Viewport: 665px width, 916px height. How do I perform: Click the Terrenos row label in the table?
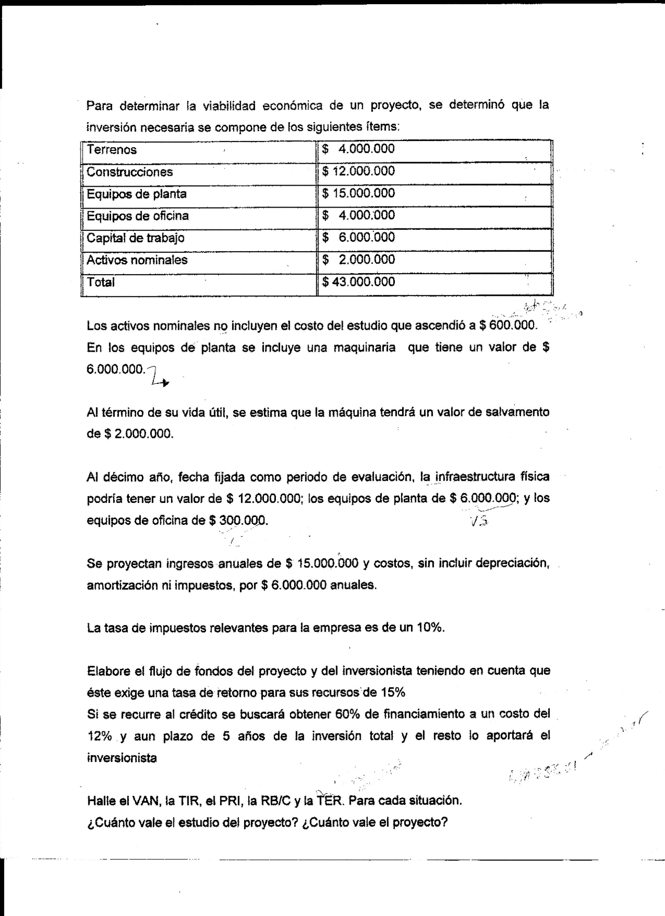pyautogui.click(x=112, y=150)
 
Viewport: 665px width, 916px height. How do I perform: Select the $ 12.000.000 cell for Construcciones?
pyautogui.click(x=358, y=171)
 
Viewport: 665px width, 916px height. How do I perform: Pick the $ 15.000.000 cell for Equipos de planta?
pyautogui.click(x=358, y=193)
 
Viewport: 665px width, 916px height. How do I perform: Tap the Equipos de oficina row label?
pyautogui.click(x=138, y=216)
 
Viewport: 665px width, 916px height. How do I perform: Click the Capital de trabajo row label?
pyautogui.click(x=135, y=238)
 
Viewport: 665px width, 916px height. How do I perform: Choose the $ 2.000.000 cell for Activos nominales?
pyautogui.click(x=358, y=260)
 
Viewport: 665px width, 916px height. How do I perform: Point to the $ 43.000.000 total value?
pyautogui.click(x=358, y=282)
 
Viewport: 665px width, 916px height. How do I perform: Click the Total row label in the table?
pyautogui.click(x=101, y=282)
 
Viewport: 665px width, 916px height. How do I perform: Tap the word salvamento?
pyautogui.click(x=517, y=412)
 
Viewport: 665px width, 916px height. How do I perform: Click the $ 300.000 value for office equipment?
pyautogui.click(x=238, y=520)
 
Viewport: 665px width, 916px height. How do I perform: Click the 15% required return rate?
pyautogui.click(x=393, y=692)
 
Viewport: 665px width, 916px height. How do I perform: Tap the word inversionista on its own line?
pyautogui.click(x=122, y=758)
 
